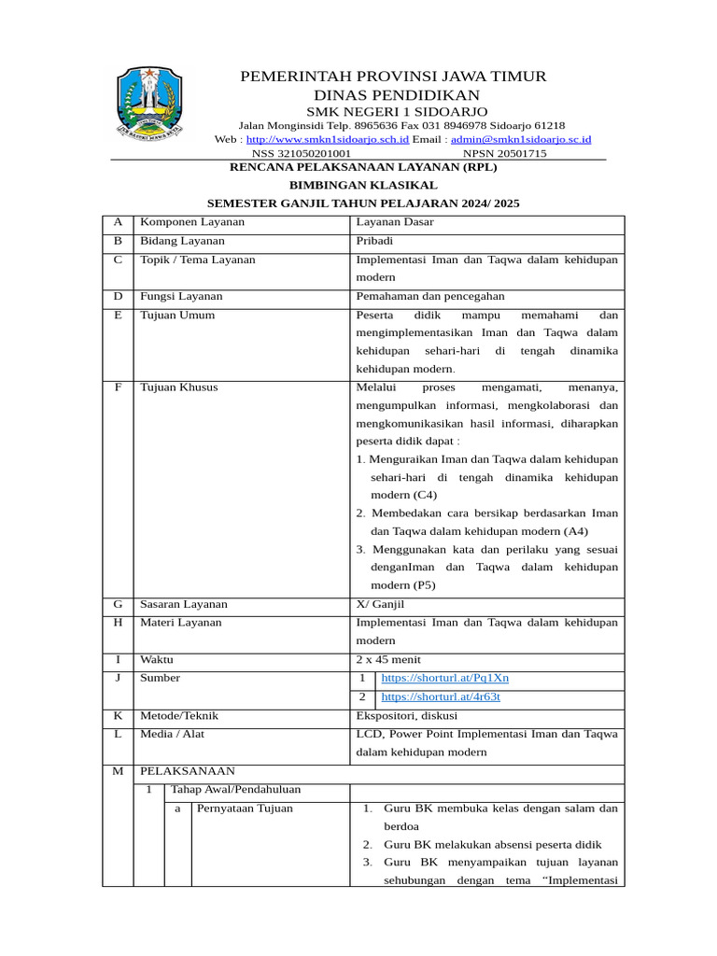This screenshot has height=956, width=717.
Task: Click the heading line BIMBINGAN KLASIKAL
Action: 363,185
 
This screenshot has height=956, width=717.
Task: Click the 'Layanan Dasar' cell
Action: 395,222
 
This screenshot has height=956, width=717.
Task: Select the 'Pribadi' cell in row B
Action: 374,241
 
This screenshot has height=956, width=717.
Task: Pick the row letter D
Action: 118,296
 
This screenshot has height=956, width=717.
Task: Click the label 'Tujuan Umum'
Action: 176,315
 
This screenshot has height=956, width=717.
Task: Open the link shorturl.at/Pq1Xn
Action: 444,678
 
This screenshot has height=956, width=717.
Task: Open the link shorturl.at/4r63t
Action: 441,696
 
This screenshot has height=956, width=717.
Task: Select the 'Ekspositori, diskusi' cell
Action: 407,716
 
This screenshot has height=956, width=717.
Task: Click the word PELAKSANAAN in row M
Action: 187,771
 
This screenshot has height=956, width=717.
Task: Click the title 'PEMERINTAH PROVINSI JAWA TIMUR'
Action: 393,76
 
